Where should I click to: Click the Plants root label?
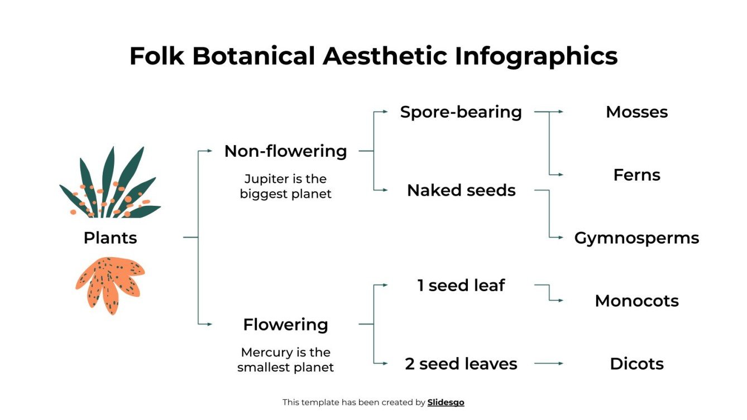coord(110,238)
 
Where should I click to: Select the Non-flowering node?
coord(285,151)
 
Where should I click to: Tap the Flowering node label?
coord(285,325)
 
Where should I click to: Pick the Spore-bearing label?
coord(461,112)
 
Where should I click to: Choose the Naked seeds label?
coord(461,191)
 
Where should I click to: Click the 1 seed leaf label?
coord(461,286)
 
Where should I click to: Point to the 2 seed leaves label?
coord(461,364)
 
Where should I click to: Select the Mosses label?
coord(636,112)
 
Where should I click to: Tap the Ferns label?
coord(636,175)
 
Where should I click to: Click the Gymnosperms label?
coord(636,238)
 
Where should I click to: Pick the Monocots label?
coord(636,301)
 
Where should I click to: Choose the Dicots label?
coord(636,364)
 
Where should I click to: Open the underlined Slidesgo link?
coord(446,402)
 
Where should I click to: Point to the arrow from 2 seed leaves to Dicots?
coord(548,364)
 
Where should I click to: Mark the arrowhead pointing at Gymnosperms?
coord(561,238)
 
